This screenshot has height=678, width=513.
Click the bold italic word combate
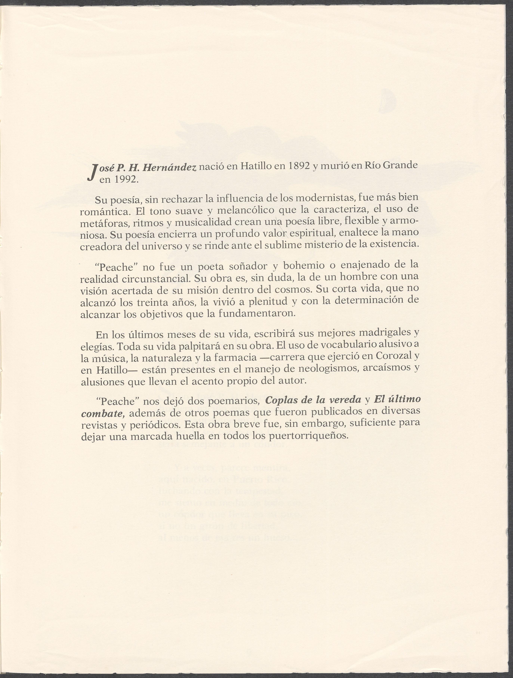pos(102,413)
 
